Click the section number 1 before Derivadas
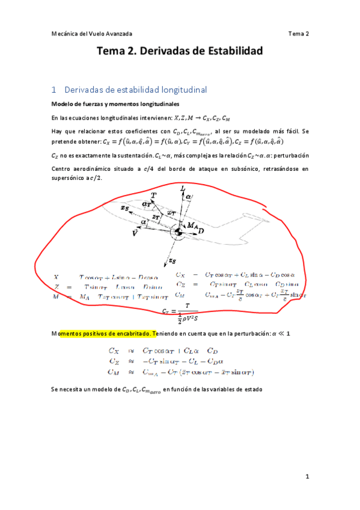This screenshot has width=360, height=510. coord(54,90)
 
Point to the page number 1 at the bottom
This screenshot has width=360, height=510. coord(307,477)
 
